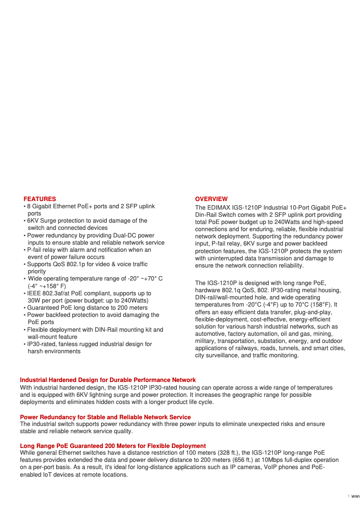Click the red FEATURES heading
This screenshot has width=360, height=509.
(x=40, y=199)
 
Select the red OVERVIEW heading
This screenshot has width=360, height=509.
(x=211, y=199)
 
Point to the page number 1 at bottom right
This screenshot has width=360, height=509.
(x=348, y=496)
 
